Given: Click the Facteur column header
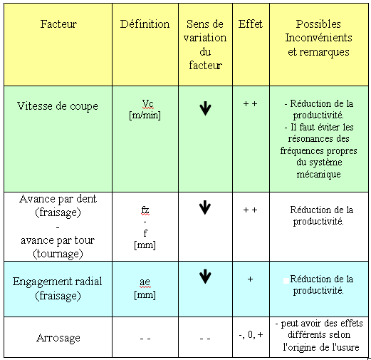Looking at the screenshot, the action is (x=58, y=24).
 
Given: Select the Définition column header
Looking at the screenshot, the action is (x=145, y=24).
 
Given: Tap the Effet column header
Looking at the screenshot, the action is (x=251, y=24).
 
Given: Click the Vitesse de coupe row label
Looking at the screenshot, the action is (x=58, y=106).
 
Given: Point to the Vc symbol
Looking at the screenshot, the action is (x=147, y=104).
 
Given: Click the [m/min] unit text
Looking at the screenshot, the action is (x=145, y=115).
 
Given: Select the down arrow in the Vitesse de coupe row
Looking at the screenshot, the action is (x=205, y=108).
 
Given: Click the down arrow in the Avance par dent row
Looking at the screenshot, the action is (x=205, y=207).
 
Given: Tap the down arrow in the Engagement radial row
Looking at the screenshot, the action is (x=205, y=277).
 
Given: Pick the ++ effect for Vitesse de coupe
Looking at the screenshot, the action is (x=251, y=104).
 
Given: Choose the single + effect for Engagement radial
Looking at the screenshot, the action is (x=250, y=279).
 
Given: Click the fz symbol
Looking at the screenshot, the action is (x=145, y=210).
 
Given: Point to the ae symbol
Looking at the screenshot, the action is (x=145, y=282).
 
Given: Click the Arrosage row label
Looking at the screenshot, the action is (x=58, y=338).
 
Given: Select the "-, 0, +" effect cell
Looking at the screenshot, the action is (x=251, y=335).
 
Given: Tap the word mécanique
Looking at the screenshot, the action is (x=318, y=174).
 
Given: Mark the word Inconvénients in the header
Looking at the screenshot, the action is (x=318, y=38).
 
